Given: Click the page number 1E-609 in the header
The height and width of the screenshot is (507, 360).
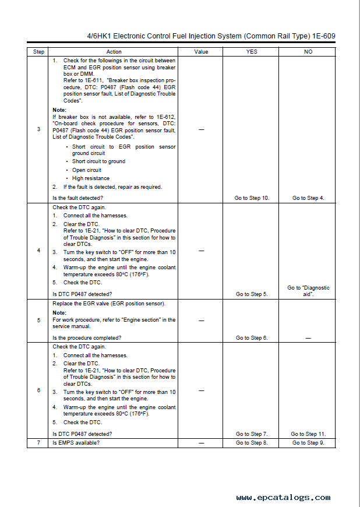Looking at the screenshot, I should [321, 36].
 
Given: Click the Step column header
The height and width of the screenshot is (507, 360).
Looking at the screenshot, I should [38, 52].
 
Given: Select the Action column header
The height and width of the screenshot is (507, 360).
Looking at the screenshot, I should [114, 52].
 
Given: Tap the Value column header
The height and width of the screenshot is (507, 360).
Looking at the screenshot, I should [201, 52].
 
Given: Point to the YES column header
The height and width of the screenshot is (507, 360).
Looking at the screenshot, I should [252, 52].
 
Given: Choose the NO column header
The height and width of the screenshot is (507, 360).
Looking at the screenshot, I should [308, 52].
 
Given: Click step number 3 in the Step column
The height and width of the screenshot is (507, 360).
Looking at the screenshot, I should [38, 129].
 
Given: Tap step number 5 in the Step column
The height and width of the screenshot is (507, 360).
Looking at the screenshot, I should [38, 321].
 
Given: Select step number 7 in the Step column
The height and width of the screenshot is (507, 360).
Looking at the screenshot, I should [38, 443].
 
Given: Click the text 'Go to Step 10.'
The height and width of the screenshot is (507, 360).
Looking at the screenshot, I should [252, 198].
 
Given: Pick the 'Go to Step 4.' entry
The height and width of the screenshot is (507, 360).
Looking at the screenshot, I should [308, 198].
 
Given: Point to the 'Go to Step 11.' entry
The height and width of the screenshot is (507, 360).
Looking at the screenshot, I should [308, 434].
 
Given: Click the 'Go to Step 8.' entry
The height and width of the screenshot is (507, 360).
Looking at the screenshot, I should [252, 443].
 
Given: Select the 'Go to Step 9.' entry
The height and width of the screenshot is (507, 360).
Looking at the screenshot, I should [308, 443].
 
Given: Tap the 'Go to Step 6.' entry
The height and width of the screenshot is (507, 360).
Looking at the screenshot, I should [252, 338].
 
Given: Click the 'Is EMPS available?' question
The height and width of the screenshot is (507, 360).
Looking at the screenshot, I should [76, 443].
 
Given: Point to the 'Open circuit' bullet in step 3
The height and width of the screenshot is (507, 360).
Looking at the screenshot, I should [86, 170].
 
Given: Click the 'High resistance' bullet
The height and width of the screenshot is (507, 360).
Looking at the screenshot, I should [90, 178].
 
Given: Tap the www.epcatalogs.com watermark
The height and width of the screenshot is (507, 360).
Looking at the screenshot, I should [283, 497].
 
